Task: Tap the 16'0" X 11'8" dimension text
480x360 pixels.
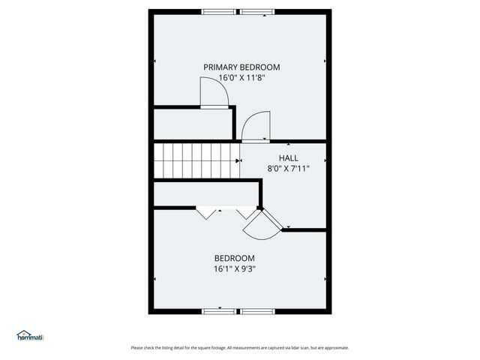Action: tap(241, 77)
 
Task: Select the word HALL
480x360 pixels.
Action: tap(289, 158)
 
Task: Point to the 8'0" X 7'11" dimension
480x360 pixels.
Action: tap(289, 169)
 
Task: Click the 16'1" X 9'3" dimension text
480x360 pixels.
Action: tap(240, 268)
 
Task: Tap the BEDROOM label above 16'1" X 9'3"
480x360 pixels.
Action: tap(240, 258)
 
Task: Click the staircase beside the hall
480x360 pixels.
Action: tap(196, 160)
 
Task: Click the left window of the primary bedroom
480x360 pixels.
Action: tap(219, 11)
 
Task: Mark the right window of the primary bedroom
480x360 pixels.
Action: tap(257, 11)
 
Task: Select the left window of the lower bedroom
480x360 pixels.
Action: tap(219, 310)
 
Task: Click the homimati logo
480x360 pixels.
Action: tap(31, 336)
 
